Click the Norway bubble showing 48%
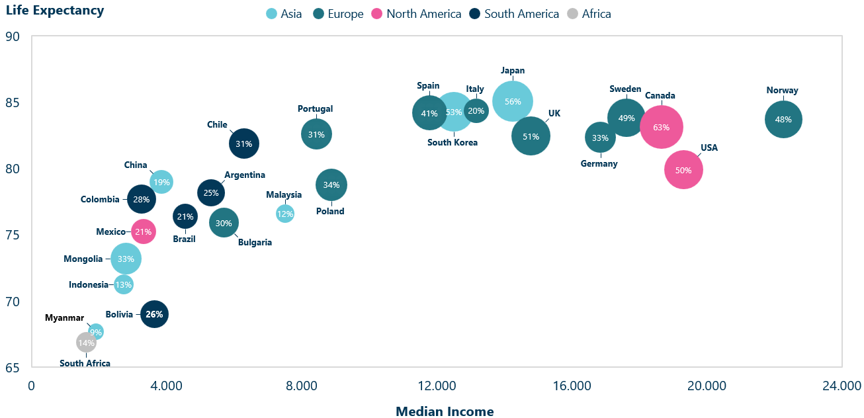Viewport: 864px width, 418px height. (783, 120)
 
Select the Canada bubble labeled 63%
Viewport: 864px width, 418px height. (661, 127)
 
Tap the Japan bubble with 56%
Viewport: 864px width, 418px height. (513, 101)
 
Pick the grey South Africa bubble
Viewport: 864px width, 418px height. (86, 343)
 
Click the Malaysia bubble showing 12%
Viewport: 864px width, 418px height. (285, 213)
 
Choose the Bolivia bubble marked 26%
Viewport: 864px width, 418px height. (154, 314)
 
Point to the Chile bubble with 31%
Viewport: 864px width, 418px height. (243, 144)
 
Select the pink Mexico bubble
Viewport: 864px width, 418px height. (143, 231)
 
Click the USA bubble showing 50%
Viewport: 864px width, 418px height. (683, 170)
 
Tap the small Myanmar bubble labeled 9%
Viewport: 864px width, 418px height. (97, 331)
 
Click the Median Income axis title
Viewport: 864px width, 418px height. (445, 411)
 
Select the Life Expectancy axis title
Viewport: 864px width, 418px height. (55, 11)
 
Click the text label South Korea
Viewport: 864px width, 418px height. (453, 142)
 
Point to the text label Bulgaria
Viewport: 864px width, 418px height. (255, 242)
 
